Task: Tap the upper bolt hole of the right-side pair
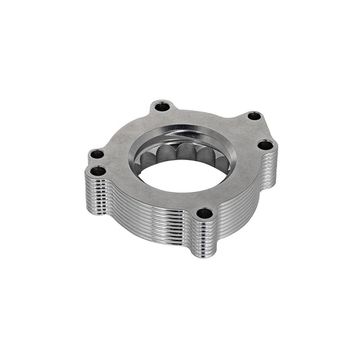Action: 253,116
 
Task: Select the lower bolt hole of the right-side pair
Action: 265,145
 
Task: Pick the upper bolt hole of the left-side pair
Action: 99,155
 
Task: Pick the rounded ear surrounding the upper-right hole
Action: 261,115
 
